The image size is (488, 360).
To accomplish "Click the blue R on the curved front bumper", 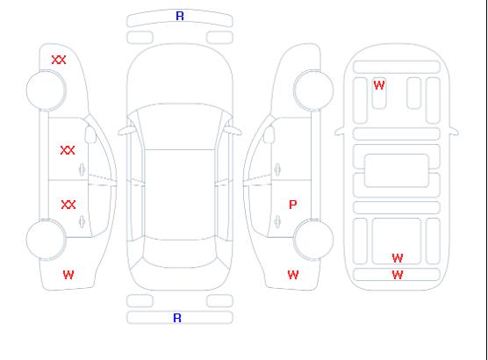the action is tap(180, 16).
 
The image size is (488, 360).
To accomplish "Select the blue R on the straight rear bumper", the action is tap(177, 318).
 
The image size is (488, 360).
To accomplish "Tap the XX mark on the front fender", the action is tap(59, 60).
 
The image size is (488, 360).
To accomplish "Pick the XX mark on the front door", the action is tap(68, 150).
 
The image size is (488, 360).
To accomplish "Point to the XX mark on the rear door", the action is tap(68, 205).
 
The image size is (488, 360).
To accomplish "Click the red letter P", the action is tap(293, 205).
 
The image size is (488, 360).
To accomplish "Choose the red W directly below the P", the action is tap(293, 275).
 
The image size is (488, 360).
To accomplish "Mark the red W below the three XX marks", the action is tap(68, 275).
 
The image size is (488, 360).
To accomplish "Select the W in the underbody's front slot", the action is tap(379, 85).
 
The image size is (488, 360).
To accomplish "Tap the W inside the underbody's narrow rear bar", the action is tap(398, 275).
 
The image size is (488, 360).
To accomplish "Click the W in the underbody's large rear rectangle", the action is tap(398, 258).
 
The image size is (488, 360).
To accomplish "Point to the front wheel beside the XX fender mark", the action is tap(46, 90).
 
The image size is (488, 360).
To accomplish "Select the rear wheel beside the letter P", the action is tap(313, 239).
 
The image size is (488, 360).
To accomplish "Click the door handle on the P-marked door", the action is tap(277, 222).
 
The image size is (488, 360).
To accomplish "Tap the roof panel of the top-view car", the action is tap(180, 195).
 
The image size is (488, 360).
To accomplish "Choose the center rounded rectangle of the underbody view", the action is tap(397, 170).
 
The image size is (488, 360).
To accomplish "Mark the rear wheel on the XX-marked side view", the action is tap(46, 239).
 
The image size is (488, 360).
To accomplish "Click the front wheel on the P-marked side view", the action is tap(313, 90).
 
